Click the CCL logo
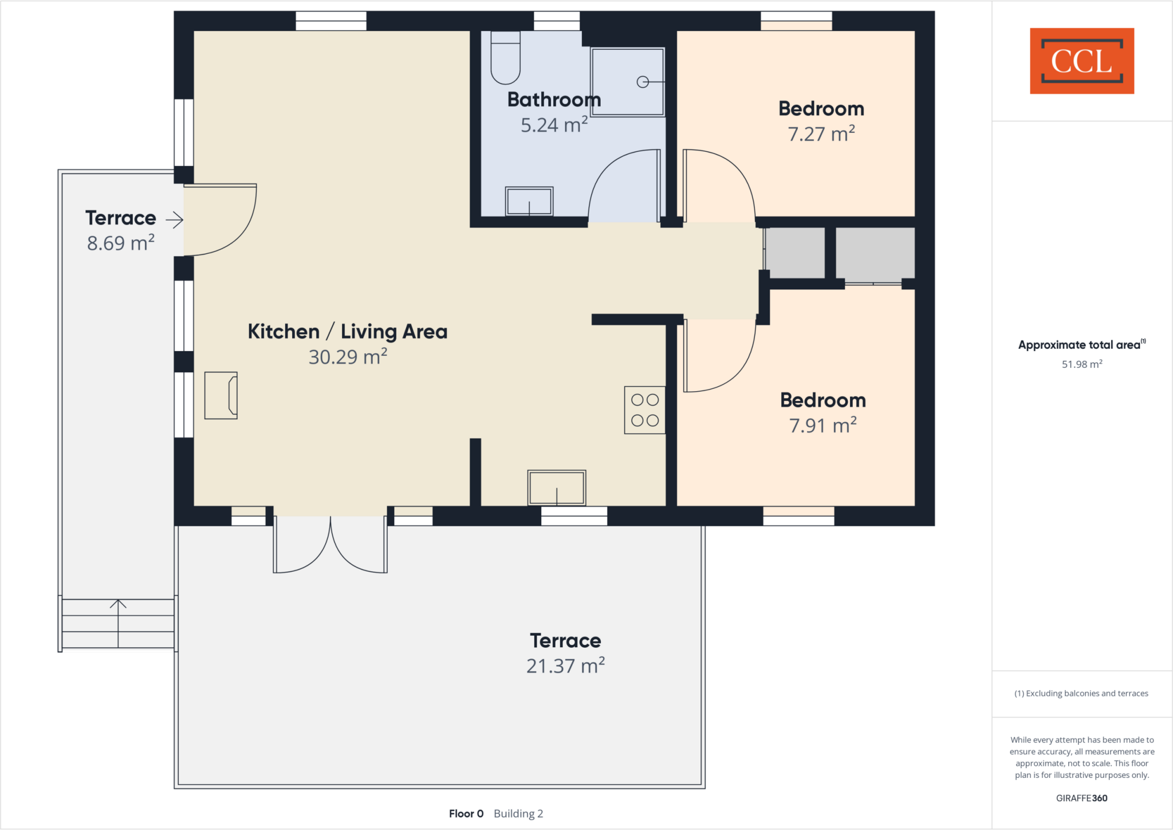click(x=1081, y=61)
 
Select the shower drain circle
click(x=643, y=82)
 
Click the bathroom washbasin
click(x=529, y=201)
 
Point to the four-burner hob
click(x=644, y=410)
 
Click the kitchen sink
click(x=556, y=488)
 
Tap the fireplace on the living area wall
click(x=221, y=395)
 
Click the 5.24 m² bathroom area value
click(x=554, y=125)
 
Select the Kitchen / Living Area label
click(x=347, y=332)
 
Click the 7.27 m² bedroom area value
click(x=821, y=134)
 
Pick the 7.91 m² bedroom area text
click(x=822, y=426)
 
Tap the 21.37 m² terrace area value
click(x=565, y=666)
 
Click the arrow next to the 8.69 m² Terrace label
click(x=175, y=219)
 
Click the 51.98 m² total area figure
click(x=1081, y=364)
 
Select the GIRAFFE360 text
click(x=1081, y=798)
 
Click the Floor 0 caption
click(x=466, y=813)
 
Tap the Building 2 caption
click(x=518, y=813)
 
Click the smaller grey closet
click(x=795, y=253)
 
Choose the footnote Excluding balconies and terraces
click(x=1081, y=693)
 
